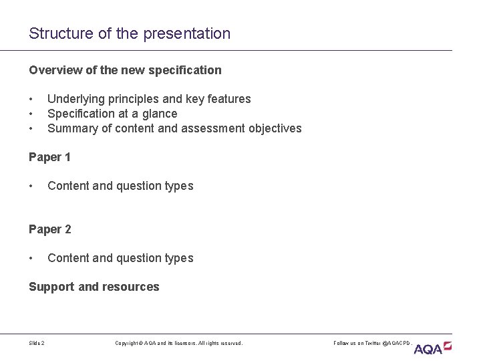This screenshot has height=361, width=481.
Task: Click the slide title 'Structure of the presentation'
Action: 130,33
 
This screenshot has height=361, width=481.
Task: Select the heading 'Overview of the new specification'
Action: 125,70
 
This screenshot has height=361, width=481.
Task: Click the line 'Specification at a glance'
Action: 112,114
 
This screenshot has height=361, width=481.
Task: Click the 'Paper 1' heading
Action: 49,157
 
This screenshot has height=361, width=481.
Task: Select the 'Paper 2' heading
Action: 49,229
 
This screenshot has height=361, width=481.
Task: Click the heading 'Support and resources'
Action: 94,287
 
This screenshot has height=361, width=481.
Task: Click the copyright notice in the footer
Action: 179,343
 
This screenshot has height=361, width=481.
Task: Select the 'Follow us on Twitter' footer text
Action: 373,343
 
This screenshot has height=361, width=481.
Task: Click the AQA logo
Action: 432,348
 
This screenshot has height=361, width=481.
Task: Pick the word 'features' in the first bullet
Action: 229,99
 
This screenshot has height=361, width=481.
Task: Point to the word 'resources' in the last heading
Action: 130,287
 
